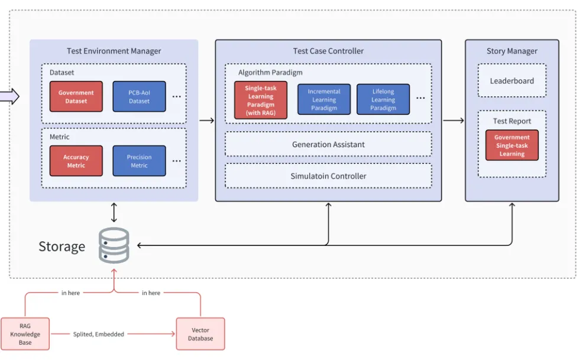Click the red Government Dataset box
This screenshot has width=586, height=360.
click(x=76, y=97)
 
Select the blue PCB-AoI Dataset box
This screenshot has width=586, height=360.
click(x=139, y=97)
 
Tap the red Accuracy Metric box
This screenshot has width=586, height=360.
click(x=76, y=161)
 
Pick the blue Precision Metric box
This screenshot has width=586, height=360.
click(x=139, y=161)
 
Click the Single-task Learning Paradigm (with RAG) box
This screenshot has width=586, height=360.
click(x=260, y=100)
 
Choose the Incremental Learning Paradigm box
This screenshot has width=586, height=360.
click(x=323, y=100)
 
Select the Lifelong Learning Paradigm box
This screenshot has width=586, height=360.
click(x=383, y=100)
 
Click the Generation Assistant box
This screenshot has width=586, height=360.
click(x=328, y=144)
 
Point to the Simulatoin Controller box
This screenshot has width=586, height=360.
click(x=328, y=176)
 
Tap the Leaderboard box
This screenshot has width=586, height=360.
click(x=511, y=81)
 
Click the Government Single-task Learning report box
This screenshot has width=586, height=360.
click(x=511, y=145)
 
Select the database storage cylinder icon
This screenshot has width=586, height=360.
click(x=114, y=245)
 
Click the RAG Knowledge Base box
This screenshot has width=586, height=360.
click(x=25, y=335)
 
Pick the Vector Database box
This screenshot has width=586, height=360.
click(x=200, y=335)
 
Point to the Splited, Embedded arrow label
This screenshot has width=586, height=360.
click(x=98, y=335)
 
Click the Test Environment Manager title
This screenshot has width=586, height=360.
click(x=114, y=51)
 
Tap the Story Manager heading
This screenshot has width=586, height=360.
click(x=511, y=51)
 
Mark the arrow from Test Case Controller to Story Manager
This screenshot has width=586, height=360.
click(x=453, y=121)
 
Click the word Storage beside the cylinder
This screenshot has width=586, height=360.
click(x=61, y=247)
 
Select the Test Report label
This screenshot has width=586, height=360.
click(x=511, y=121)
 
